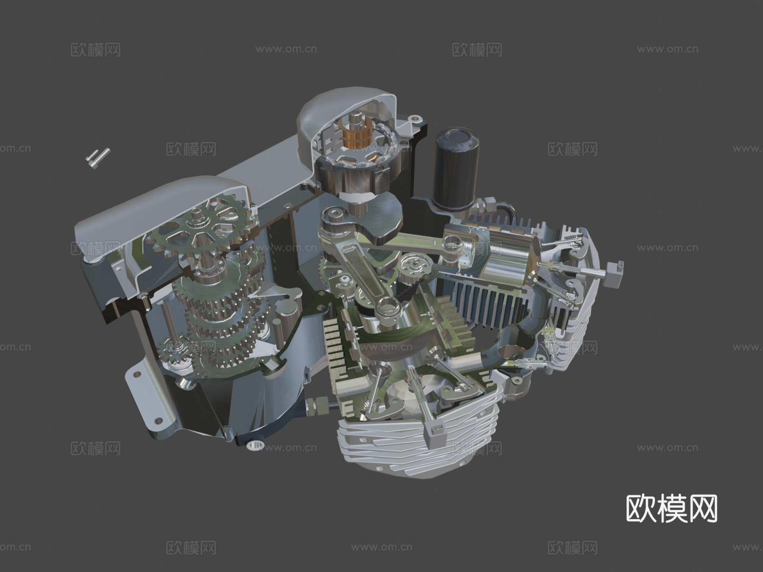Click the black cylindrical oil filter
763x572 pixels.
pos(456,169)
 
